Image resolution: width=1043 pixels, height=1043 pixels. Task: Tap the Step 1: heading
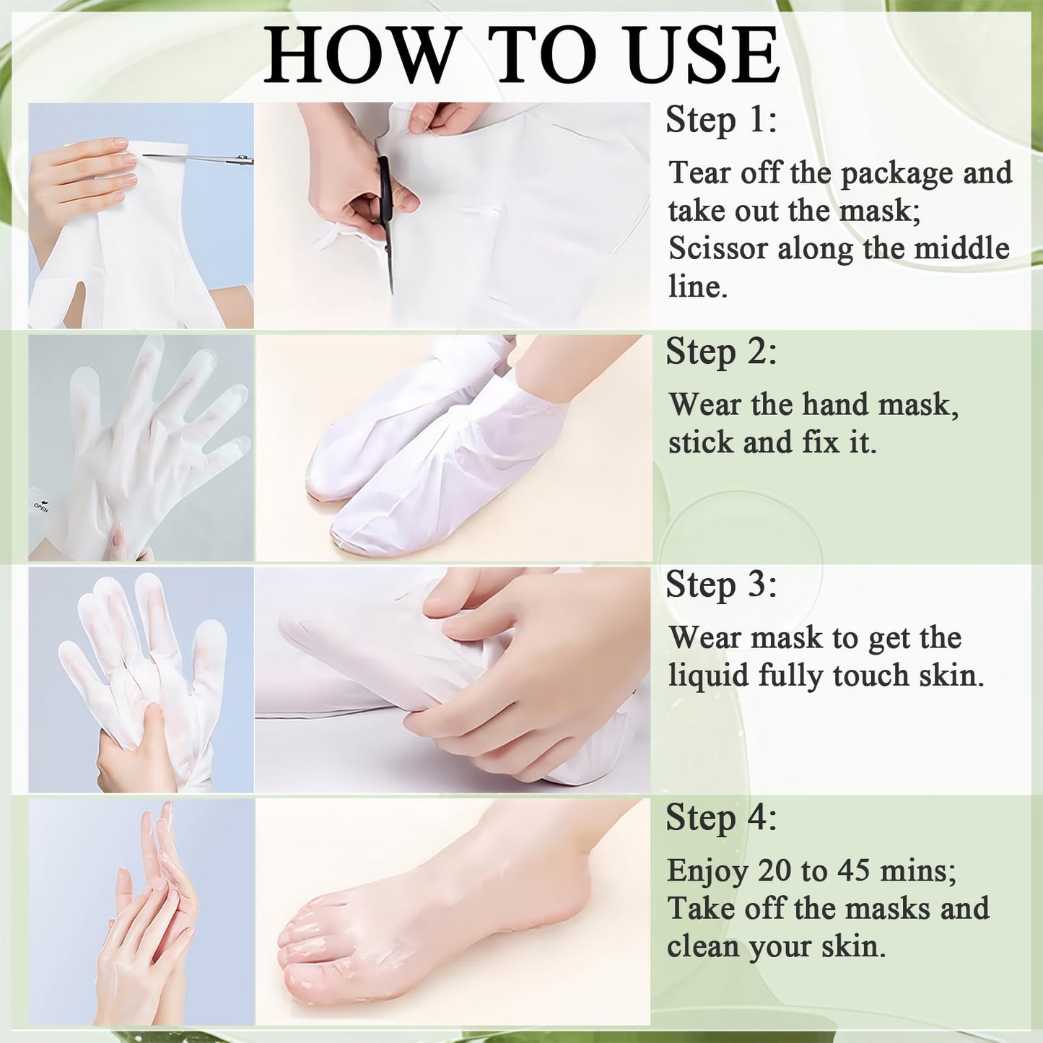coord(721,120)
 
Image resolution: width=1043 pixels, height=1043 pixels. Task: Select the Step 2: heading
coord(721,352)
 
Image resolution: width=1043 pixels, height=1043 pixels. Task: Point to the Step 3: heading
coord(721,585)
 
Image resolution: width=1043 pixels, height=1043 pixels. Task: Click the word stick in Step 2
coord(701,442)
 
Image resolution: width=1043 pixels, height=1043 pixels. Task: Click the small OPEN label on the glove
coord(41,507)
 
